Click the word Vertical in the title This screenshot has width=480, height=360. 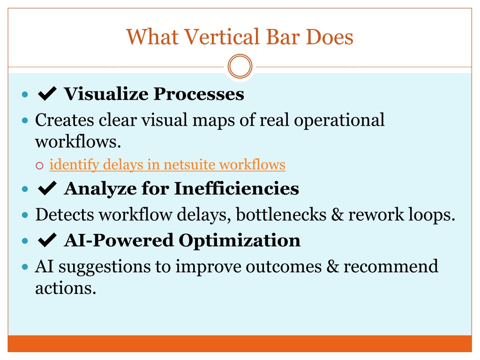pos(223,37)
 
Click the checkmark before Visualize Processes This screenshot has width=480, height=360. pos(47,93)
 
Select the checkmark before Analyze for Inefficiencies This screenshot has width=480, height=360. pos(47,188)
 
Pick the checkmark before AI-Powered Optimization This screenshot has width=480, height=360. pos(47,240)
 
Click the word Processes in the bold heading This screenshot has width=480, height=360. pos(199,94)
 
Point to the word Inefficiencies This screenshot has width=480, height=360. pos(237,188)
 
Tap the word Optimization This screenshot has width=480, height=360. pos(240,241)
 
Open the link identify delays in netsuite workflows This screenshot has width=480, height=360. pos(167,165)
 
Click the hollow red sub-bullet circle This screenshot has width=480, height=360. pos(39,165)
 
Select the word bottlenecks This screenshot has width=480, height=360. pos(281,214)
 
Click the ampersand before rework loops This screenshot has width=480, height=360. pos(337,215)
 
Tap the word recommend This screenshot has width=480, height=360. pos(391,266)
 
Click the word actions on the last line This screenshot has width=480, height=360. pos(66,288)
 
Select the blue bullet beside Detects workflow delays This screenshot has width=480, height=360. pos(25,215)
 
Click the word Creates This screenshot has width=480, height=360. pos(65,120)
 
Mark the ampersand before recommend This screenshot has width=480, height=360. pos(333,267)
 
